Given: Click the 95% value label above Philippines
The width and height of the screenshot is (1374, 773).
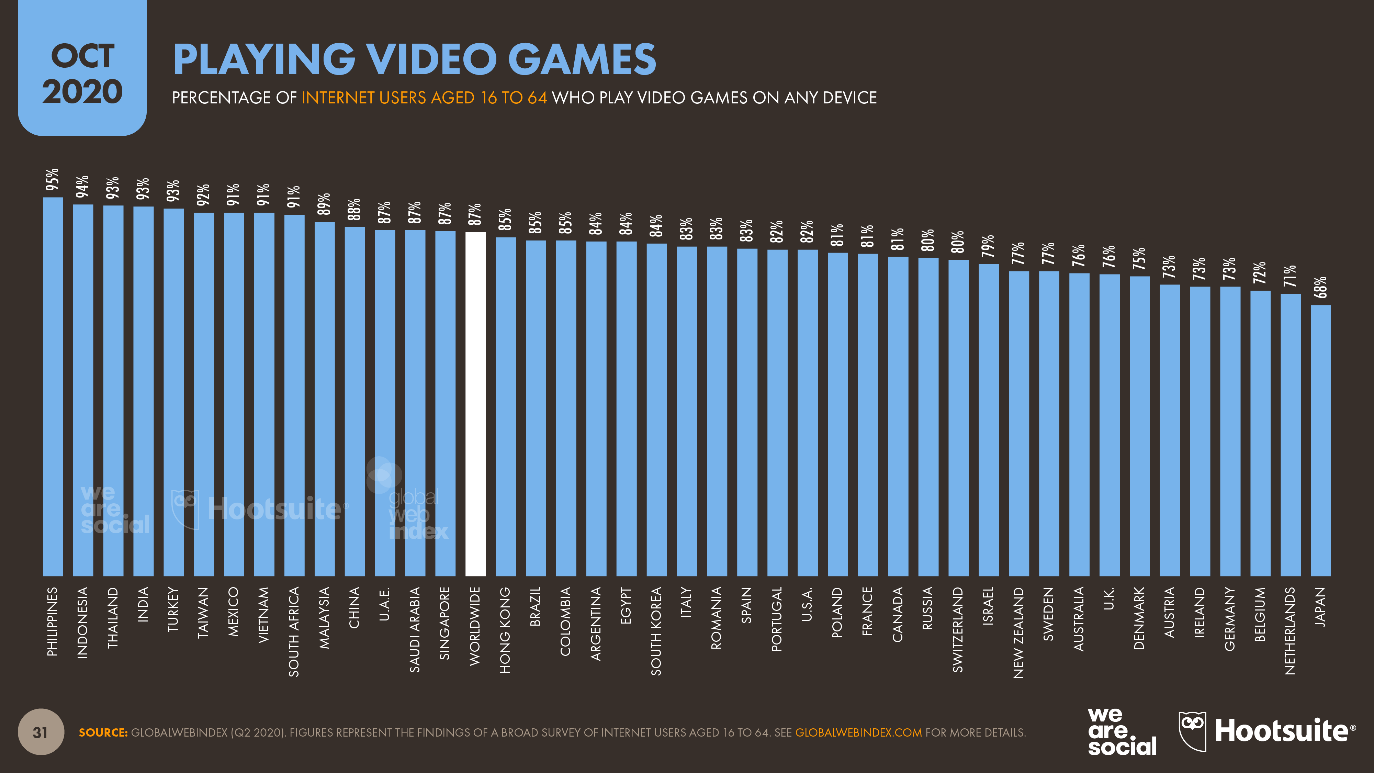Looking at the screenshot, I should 52,179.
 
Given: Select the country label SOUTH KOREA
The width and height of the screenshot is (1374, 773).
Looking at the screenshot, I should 656,631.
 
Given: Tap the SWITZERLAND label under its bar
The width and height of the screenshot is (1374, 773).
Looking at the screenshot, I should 958,629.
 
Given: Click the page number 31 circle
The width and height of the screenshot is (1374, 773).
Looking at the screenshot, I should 41,732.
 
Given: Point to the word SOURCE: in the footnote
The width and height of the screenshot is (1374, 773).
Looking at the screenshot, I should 103,732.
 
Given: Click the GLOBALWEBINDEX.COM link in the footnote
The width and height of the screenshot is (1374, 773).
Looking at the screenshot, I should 858,732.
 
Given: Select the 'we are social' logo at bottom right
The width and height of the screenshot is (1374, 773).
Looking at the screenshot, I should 1122,731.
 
